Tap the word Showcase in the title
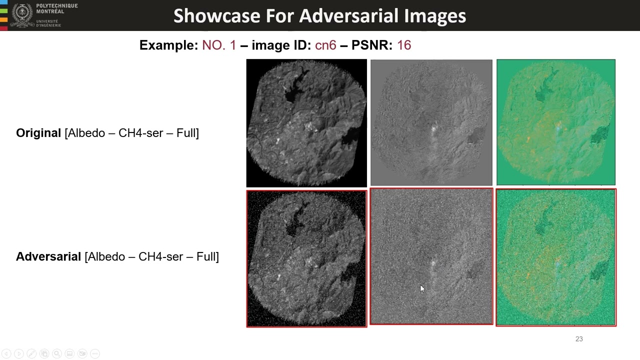point(217,16)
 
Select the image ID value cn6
point(325,45)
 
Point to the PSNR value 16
point(404,45)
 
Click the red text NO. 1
point(219,45)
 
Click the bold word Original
point(38,133)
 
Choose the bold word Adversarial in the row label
point(48,256)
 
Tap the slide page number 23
point(579,339)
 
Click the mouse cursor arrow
point(422,288)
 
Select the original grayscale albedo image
point(306,122)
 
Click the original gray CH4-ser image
point(431,122)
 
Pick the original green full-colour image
point(556,122)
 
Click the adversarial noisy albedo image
point(306,258)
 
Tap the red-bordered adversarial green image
point(556,257)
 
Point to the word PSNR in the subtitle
point(371,45)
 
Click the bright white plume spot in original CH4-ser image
point(433,128)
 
